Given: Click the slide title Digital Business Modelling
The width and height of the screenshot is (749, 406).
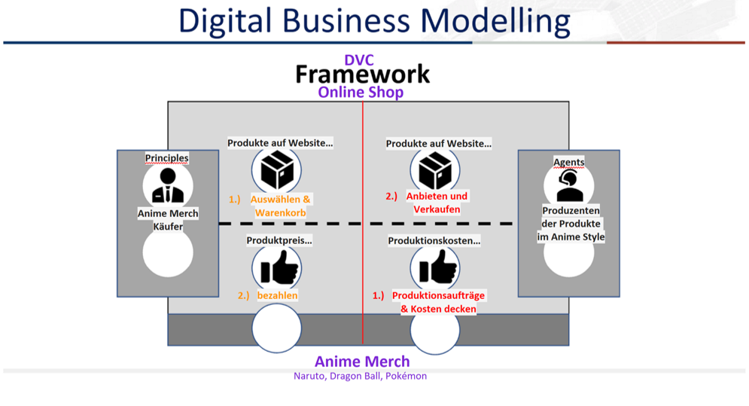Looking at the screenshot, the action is click(374, 21).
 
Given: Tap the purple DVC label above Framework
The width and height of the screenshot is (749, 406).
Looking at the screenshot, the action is click(359, 60).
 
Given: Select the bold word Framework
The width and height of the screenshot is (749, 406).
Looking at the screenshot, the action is click(363, 75).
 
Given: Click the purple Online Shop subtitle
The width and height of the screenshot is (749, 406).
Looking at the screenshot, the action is click(361, 92).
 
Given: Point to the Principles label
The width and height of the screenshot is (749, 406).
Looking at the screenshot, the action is click(166, 158).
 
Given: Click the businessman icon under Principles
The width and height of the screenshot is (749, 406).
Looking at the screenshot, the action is click(168, 185).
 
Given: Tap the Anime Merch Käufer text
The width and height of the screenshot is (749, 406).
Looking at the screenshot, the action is click(168, 220).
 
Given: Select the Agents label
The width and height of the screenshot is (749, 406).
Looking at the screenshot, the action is click(569, 162).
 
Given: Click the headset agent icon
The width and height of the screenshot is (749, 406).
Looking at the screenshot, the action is click(569, 186).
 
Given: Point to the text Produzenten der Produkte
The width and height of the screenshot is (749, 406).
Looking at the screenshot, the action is click(571, 217).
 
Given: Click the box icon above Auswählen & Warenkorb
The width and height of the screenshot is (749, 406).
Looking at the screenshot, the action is click(276, 169).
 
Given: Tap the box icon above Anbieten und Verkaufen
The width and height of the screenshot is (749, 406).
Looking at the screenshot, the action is click(435, 170).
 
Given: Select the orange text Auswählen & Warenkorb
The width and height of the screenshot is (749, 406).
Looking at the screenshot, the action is click(280, 206).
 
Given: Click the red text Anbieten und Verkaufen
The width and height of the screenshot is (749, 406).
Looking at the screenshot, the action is click(437, 203).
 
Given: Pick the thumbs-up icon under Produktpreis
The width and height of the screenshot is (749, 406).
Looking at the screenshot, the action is click(279, 267).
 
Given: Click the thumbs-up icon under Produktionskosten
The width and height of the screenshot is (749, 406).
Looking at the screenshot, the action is click(437, 267).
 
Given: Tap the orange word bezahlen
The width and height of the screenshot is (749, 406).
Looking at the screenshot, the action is click(278, 295).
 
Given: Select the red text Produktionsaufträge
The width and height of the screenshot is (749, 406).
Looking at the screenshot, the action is click(439, 295).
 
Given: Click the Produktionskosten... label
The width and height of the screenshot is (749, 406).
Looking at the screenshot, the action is click(434, 240).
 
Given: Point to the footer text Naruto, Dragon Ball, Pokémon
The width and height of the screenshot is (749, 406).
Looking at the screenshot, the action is click(360, 376).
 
